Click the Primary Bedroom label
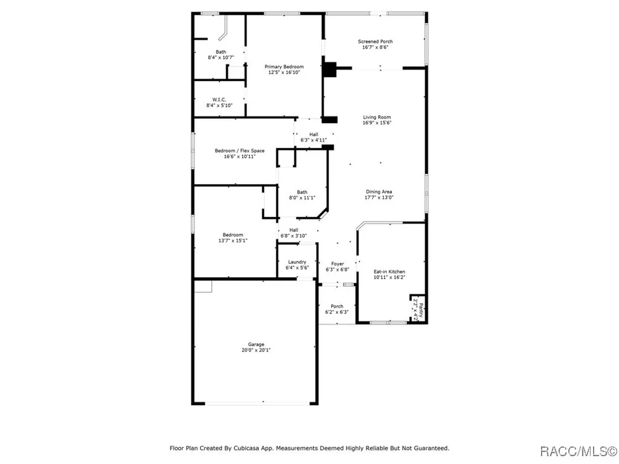tap(284, 67)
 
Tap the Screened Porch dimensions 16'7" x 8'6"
tap(375, 48)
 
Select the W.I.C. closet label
tap(219, 100)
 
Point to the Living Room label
tap(376, 117)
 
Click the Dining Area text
tap(379, 192)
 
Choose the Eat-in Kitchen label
tap(389, 272)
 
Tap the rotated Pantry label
tap(421, 310)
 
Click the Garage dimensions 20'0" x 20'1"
tap(256, 350)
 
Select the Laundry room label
tap(297, 262)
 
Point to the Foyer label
tap(337, 264)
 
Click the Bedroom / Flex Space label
tap(240, 151)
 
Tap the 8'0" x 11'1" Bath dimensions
tap(302, 198)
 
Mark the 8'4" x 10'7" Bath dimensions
tap(221, 58)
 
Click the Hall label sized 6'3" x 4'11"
tap(313, 134)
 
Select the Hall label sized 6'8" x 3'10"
tap(293, 230)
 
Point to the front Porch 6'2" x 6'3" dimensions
tap(337, 312)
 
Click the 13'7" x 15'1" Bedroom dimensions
tap(233, 241)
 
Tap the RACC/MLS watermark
tap(578, 450)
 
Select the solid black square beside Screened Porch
tap(329, 69)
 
